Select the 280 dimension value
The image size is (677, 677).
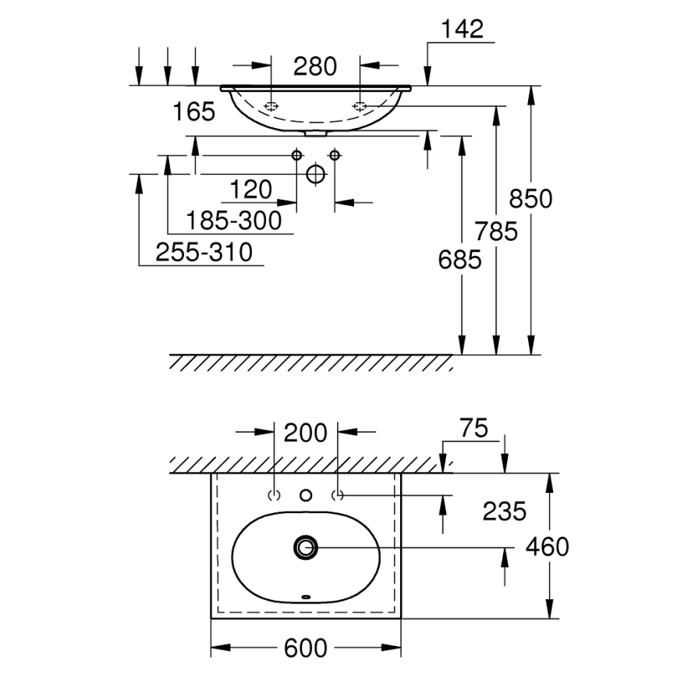coord(315,67)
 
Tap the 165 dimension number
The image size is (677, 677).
coord(193,112)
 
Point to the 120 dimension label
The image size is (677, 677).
coord(251,190)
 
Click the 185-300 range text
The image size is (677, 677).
coord(234,222)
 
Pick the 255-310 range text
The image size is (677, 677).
coord(204,253)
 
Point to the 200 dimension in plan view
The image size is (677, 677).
coord(305,432)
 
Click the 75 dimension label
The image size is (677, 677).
coord(473,428)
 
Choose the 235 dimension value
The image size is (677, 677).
coord(504,512)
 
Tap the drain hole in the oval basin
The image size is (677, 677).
coord(305,548)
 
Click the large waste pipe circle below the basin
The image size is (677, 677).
coord(316,174)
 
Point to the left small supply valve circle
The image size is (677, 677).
coord(296,155)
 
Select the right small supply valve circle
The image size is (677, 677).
coord(335,155)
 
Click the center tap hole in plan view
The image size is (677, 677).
coord(306,494)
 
